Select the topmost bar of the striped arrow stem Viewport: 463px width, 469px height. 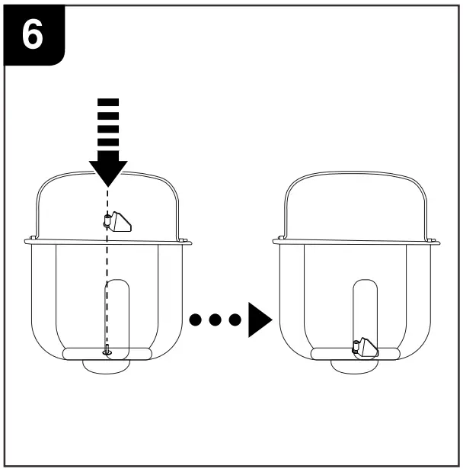pyautogui.click(x=109, y=101)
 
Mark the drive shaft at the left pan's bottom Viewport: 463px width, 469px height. pyautogui.click(x=107, y=352)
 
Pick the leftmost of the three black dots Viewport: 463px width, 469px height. pyautogui.click(x=197, y=319)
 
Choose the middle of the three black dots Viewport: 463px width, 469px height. pyautogui.click(x=216, y=319)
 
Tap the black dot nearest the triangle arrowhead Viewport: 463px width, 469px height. pyautogui.click(x=235, y=319)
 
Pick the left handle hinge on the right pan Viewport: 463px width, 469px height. pyautogui.click(x=281, y=237)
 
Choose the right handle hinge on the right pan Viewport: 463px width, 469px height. pyautogui.click(x=432, y=239)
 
